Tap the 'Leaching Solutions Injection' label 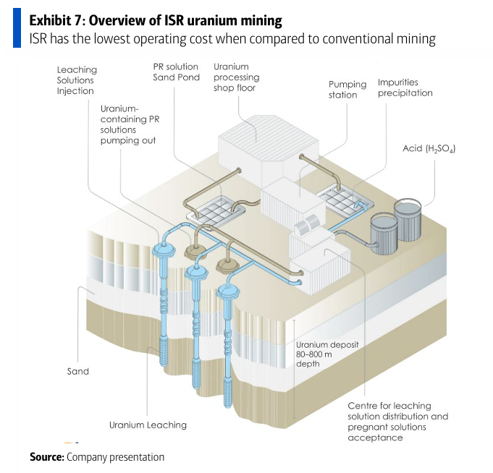tap(77, 81)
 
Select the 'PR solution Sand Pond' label tap(176, 72)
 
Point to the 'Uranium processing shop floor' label tap(236, 77)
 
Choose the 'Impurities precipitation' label tap(405, 88)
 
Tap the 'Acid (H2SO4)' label tap(429, 149)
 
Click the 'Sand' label tap(78, 372)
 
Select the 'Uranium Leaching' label tap(148, 425)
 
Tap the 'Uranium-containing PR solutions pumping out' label tap(128, 124)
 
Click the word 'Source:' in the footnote tap(46, 457)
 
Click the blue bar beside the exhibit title tap(16, 29)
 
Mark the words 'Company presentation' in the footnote tap(115, 457)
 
